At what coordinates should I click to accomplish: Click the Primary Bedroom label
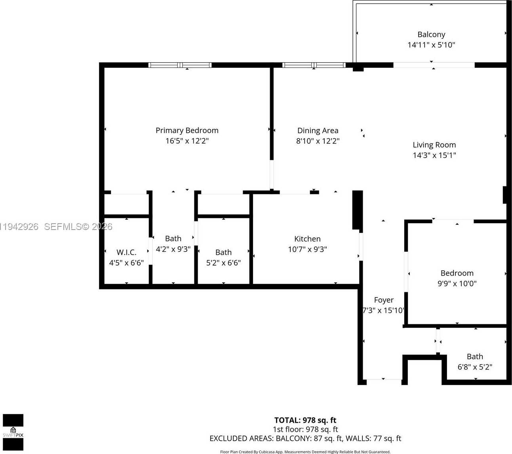click(x=187, y=130)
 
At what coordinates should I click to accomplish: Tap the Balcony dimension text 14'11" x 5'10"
click(x=431, y=45)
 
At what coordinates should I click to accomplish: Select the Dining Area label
click(x=318, y=130)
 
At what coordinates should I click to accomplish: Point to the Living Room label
click(x=434, y=145)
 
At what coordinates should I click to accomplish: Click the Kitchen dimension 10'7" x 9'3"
click(x=307, y=249)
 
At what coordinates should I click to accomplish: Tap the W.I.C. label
click(x=126, y=252)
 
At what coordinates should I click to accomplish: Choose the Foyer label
click(x=384, y=300)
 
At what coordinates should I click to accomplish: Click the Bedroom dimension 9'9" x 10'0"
click(x=457, y=284)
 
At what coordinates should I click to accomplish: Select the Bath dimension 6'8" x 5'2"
click(x=475, y=367)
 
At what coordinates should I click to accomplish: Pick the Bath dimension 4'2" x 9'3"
click(x=173, y=249)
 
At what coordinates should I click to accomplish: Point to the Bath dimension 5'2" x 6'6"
click(x=223, y=262)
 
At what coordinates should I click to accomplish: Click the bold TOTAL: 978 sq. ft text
click(x=305, y=420)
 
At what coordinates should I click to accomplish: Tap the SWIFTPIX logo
click(x=13, y=432)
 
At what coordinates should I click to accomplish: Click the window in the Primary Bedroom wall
click(x=180, y=65)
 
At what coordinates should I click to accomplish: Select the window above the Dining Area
click(x=314, y=65)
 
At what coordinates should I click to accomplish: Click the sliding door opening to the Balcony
click(x=434, y=65)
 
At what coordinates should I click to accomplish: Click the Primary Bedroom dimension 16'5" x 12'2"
click(x=187, y=141)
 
